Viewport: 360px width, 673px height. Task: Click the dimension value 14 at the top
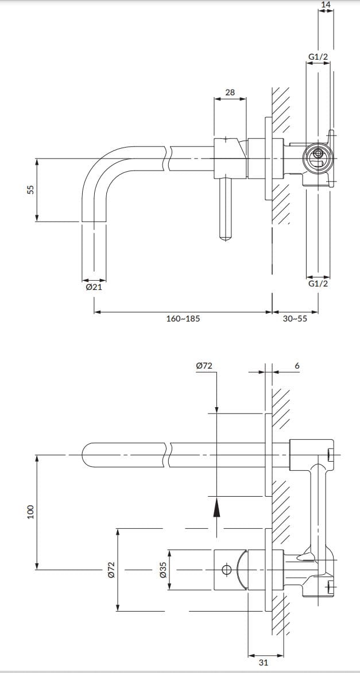click(326, 4)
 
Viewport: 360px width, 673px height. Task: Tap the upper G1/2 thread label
click(318, 57)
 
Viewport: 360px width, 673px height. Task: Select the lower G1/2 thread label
click(318, 284)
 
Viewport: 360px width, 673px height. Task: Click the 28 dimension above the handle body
click(230, 92)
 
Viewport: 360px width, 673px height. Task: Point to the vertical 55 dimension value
click(30, 189)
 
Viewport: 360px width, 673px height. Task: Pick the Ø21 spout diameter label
click(94, 287)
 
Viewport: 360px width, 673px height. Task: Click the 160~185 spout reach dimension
click(183, 319)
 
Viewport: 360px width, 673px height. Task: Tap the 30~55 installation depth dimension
click(295, 319)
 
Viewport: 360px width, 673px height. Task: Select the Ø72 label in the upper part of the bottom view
click(204, 366)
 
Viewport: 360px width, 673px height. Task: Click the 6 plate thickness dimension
click(297, 366)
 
